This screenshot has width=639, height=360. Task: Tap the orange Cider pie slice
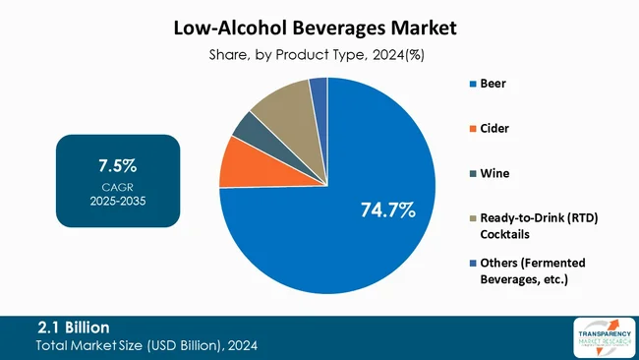(x=236, y=162)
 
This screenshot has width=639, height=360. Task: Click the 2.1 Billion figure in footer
(x=74, y=327)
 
